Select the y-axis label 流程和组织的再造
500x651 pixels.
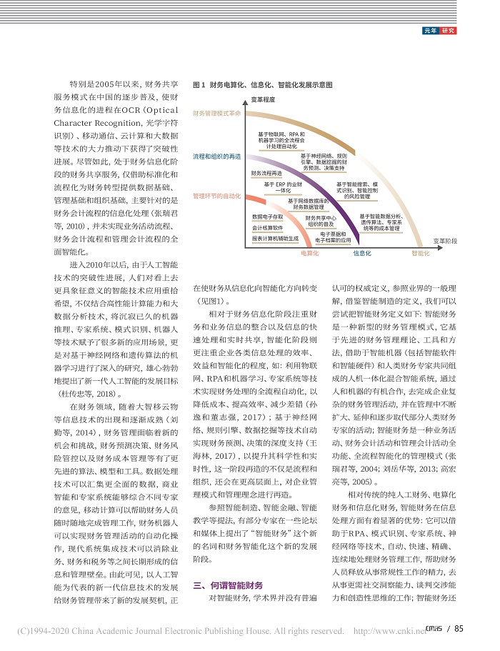click(216, 155)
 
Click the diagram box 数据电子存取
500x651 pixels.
click(267, 216)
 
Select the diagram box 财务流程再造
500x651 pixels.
click(266, 174)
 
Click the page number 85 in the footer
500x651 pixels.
click(457, 629)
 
